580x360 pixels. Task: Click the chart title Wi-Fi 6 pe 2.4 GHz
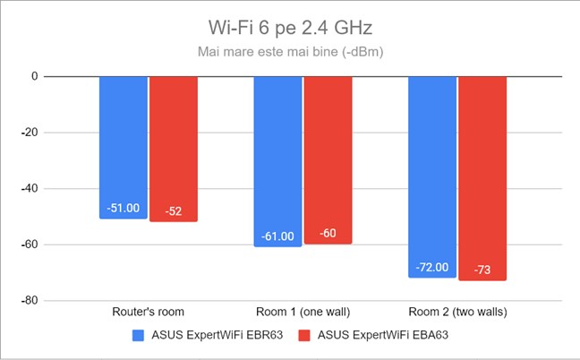tap(289, 24)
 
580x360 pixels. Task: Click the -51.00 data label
tap(124, 208)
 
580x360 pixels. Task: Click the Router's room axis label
tap(149, 312)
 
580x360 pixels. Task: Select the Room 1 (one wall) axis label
tap(303, 312)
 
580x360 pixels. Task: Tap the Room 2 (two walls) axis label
tap(457, 312)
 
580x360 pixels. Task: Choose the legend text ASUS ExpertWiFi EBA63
tap(384, 336)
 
